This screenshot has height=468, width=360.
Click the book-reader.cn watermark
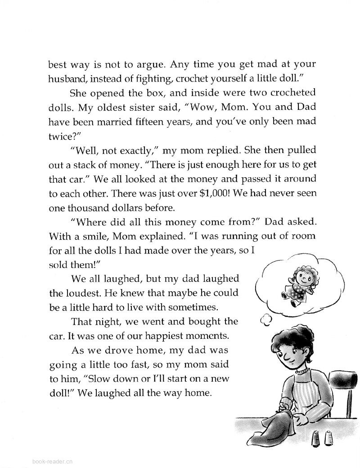[x=53, y=460]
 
